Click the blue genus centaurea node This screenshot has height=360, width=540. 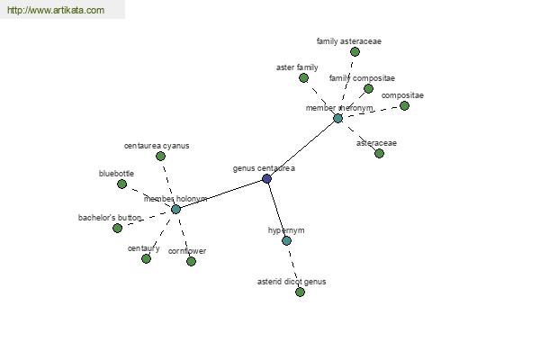(x=266, y=179)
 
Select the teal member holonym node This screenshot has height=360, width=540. (x=175, y=209)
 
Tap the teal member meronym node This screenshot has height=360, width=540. (x=337, y=119)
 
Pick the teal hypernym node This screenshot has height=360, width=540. (x=286, y=241)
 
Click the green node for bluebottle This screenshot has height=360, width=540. (x=121, y=184)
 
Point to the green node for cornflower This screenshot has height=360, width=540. (x=191, y=262)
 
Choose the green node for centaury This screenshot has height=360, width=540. (x=146, y=258)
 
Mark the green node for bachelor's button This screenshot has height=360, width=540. (x=117, y=228)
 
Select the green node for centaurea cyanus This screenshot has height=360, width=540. (x=160, y=157)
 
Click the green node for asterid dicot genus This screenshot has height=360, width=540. (x=300, y=292)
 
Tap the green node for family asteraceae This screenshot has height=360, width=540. (x=355, y=52)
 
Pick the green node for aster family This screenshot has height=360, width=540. (x=303, y=78)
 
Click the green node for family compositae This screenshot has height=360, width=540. (x=368, y=89)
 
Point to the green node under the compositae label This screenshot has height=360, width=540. (x=404, y=106)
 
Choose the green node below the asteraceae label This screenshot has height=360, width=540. (x=379, y=153)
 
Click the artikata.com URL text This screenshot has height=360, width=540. (x=56, y=10)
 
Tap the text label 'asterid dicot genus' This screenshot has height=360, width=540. (x=292, y=282)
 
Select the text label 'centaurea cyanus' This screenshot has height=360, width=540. (x=157, y=146)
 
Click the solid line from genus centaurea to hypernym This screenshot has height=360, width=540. (x=276, y=210)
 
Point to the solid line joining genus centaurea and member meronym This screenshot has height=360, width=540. (x=302, y=148)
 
